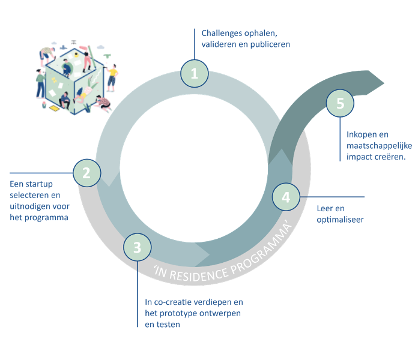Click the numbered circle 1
pos(194,74)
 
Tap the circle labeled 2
pos(86,173)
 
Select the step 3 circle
pos(138,247)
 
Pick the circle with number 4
pos(286,197)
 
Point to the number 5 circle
pos(341,103)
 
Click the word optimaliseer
pos(340,220)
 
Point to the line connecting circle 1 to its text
pos(194,45)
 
